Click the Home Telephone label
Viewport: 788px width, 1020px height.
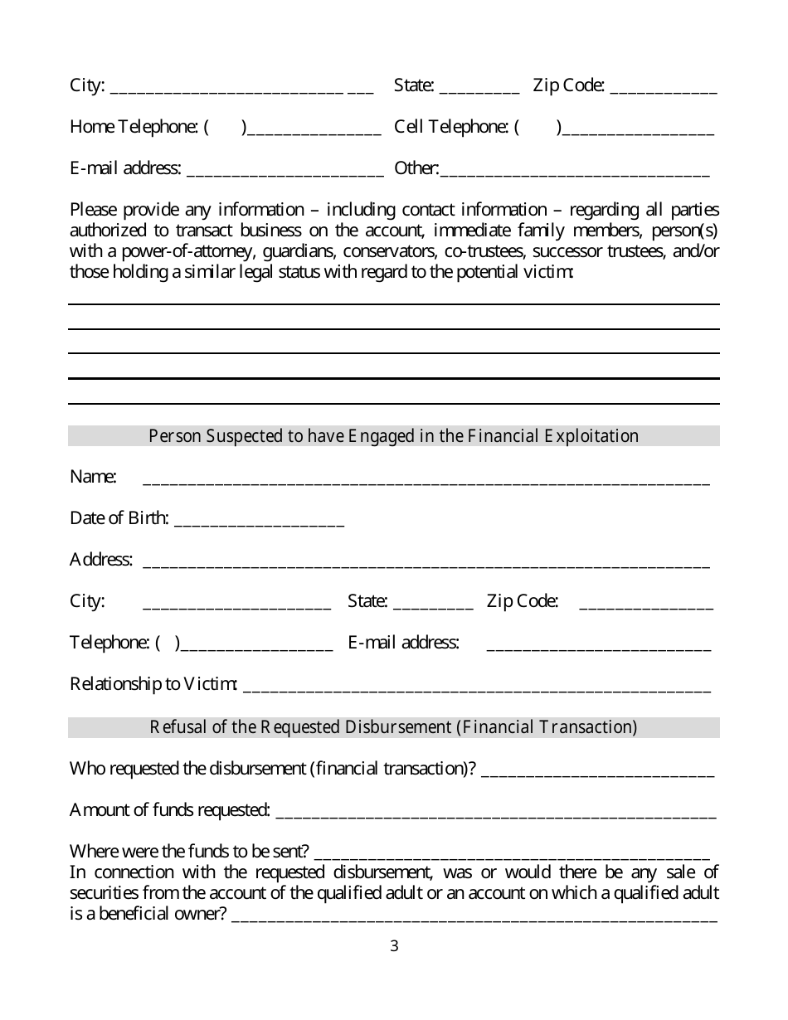coord(133,127)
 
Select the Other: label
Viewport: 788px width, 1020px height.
coord(416,168)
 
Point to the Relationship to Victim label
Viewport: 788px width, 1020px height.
coord(153,684)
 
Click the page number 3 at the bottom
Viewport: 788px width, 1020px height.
coord(394,946)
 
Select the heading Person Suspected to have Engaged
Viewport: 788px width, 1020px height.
coord(393,436)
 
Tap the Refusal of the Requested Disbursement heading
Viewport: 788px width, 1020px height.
coord(393,727)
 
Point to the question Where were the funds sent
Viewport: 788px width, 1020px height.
coord(190,852)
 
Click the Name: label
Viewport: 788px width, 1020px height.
coord(93,477)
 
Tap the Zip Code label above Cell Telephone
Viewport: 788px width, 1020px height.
coord(568,85)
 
